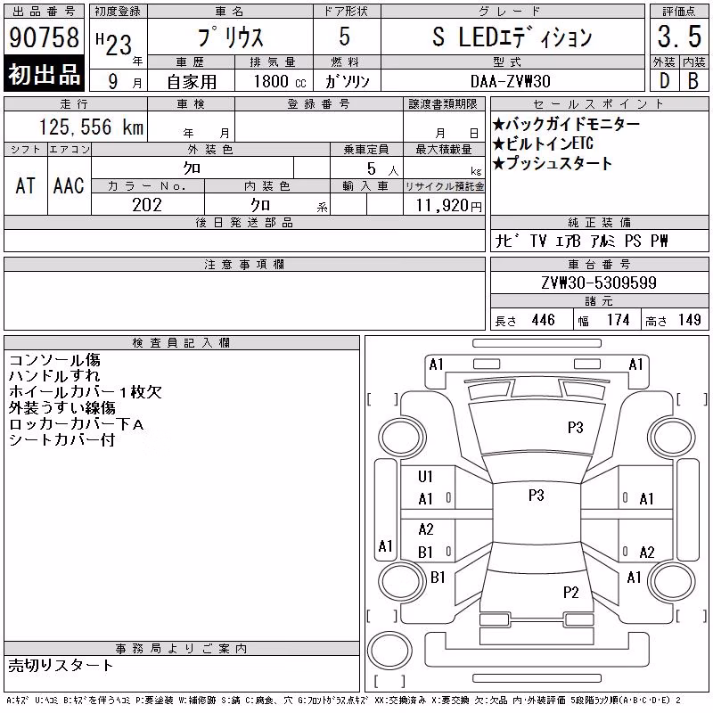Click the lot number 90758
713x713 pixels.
(x=44, y=37)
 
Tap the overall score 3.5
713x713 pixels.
(x=679, y=37)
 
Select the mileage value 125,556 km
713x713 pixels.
(x=91, y=127)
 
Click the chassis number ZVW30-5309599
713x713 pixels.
(x=599, y=283)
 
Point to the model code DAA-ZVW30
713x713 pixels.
(x=510, y=81)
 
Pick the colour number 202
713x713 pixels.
(x=147, y=205)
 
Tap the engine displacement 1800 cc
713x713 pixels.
(x=280, y=81)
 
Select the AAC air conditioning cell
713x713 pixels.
(x=69, y=185)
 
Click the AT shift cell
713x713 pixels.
(x=26, y=185)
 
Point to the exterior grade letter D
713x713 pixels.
(x=664, y=81)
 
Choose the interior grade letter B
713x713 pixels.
(x=693, y=81)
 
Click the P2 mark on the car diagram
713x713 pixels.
(x=570, y=593)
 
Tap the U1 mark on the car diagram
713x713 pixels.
(x=425, y=477)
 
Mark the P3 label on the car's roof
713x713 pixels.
(x=537, y=495)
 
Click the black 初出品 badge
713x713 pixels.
(x=44, y=74)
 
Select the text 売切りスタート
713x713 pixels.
(x=61, y=666)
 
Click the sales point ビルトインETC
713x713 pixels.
(x=543, y=143)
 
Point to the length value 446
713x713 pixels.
(x=544, y=320)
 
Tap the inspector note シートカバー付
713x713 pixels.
(x=61, y=439)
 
